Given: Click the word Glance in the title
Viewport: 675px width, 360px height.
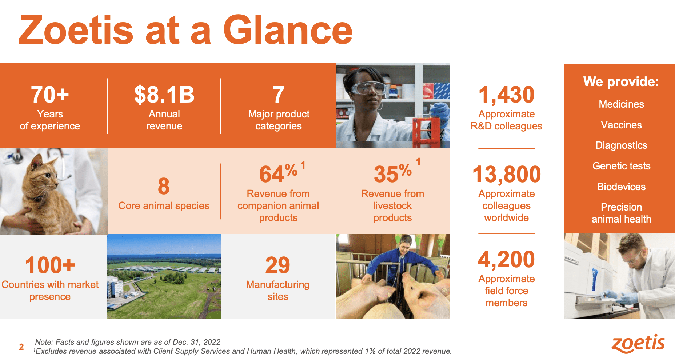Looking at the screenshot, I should click(x=287, y=31).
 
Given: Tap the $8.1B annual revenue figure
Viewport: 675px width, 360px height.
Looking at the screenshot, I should click(x=164, y=95).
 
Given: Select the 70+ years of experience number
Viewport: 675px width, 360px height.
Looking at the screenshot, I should click(x=50, y=95).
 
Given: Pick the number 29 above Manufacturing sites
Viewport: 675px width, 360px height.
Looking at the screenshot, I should click(x=277, y=265).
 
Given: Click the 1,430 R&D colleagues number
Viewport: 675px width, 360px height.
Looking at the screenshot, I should click(x=506, y=95).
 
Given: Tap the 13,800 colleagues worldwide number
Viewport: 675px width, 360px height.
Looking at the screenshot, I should click(x=506, y=174).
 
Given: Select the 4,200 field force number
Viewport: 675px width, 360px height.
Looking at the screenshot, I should click(x=506, y=259).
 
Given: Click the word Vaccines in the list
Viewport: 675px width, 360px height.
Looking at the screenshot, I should click(x=621, y=125).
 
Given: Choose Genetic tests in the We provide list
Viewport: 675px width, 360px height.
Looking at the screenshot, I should click(x=621, y=166).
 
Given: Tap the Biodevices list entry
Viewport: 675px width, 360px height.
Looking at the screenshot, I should click(x=621, y=187).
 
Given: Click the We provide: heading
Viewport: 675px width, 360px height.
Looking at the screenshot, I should click(x=621, y=82).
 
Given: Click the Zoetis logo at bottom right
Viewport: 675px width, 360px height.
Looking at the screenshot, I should click(x=638, y=344).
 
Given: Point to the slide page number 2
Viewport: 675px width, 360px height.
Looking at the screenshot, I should click(x=21, y=347).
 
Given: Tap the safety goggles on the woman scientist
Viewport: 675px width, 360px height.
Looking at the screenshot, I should click(x=368, y=88).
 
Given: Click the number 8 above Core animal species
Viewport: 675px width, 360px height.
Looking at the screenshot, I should click(x=164, y=186).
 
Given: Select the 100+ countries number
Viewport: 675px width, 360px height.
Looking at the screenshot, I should click(x=50, y=265).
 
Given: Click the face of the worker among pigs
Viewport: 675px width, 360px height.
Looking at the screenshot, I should click(x=405, y=245).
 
